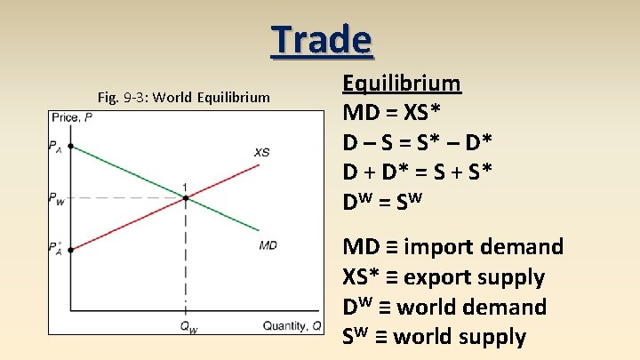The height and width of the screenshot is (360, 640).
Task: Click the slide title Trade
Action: point(321,40)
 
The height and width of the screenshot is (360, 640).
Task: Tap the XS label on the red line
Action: point(261,152)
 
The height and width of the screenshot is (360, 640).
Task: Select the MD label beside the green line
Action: point(268,244)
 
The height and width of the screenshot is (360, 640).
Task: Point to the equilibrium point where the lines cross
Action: point(185,197)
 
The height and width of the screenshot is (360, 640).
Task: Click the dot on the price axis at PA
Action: point(72,146)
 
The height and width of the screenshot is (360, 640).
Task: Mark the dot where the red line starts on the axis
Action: point(72,250)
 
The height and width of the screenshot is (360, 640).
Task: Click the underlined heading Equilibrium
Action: point(402,84)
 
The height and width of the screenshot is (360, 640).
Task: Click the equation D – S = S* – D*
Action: point(418,142)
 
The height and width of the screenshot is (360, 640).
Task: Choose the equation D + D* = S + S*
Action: point(418,172)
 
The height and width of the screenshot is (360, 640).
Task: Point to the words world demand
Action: point(471,307)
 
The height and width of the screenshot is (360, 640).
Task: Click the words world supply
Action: point(461,337)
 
